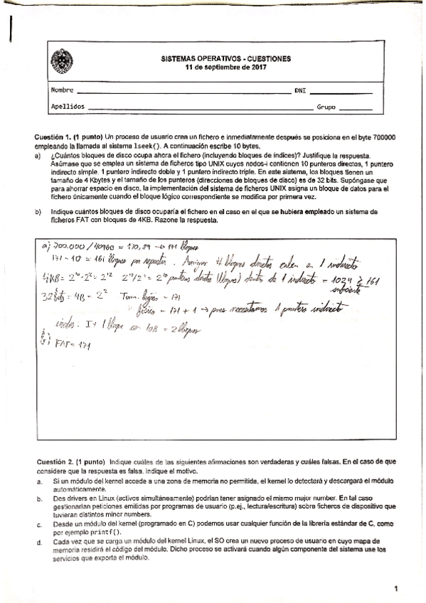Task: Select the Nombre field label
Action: point(62,91)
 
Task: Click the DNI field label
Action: point(300,91)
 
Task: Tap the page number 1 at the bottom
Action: point(395,587)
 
